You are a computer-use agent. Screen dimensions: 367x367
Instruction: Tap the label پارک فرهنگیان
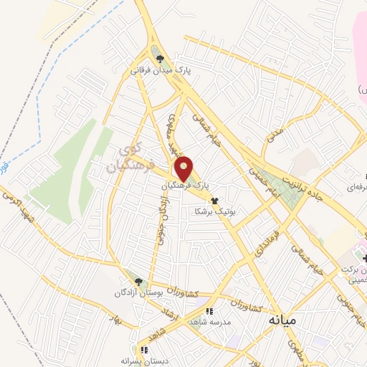point(185,185)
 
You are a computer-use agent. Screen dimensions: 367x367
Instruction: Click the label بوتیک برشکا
point(214,212)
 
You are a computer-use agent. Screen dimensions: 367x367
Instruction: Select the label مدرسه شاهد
point(209,323)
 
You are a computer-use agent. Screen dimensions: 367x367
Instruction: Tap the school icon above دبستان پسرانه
point(144,351)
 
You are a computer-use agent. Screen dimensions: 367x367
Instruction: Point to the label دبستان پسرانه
point(144,361)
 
